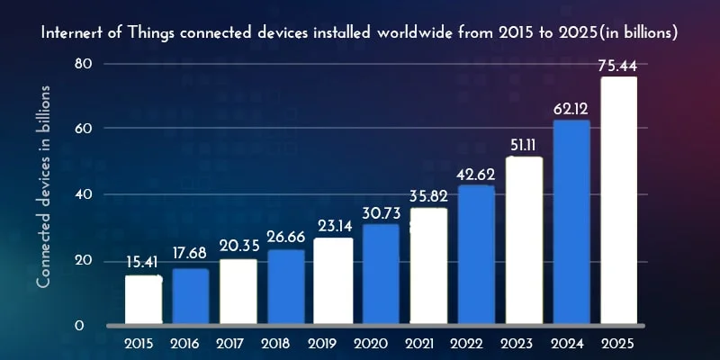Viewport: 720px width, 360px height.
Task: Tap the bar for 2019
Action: pyautogui.click(x=333, y=280)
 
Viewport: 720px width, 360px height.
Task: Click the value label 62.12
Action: pyautogui.click(x=571, y=108)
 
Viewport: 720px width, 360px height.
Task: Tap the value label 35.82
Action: pyautogui.click(x=428, y=195)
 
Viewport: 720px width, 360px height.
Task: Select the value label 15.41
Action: pyautogui.click(x=144, y=262)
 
